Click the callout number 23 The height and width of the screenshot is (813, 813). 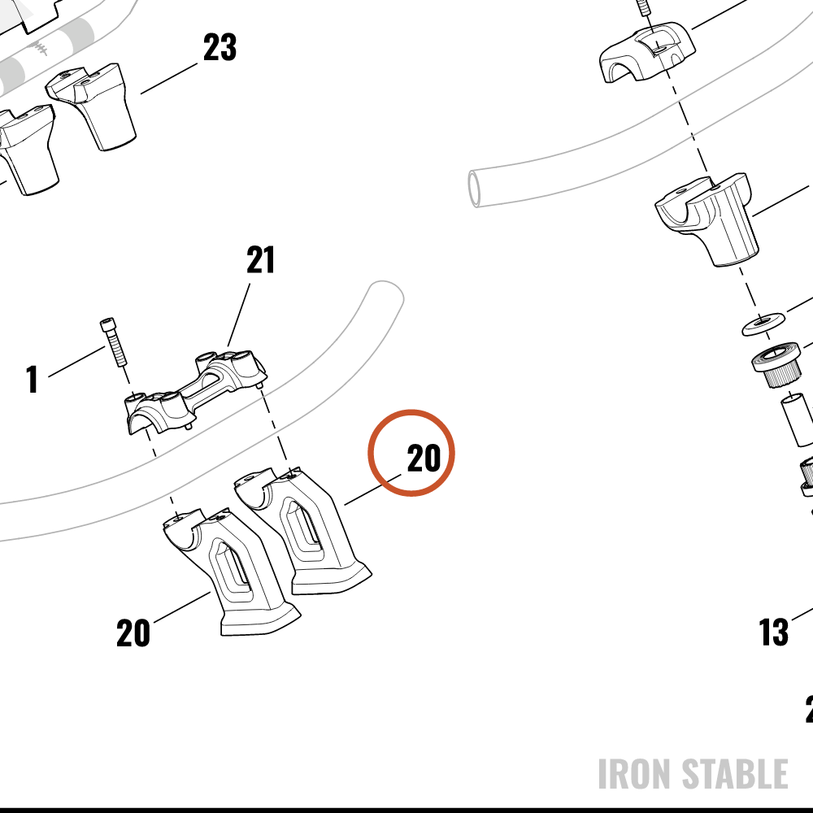(x=220, y=47)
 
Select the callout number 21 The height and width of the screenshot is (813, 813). (x=260, y=260)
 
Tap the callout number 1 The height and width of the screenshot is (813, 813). (x=33, y=379)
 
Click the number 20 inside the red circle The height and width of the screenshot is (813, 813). (x=424, y=459)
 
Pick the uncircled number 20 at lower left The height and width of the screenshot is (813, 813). (x=133, y=633)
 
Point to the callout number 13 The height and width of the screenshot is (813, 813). (x=774, y=632)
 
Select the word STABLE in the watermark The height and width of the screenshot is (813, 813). (x=735, y=774)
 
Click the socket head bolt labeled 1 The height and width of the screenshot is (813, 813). (x=114, y=342)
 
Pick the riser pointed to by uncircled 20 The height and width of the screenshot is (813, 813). (x=232, y=572)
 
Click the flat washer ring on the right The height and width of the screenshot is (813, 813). (x=762, y=323)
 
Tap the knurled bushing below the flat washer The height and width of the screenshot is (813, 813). (x=776, y=364)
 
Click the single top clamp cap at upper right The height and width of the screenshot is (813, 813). (x=646, y=52)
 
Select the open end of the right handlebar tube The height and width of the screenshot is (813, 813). (x=474, y=189)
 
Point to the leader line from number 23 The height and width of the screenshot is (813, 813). (x=169, y=78)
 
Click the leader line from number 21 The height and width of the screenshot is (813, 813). (x=238, y=315)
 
